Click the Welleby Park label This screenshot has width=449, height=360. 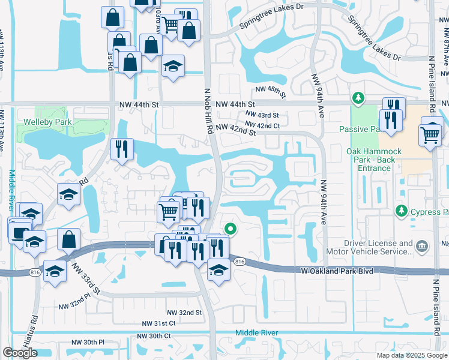point(47,122)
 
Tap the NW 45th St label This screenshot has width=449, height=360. point(268,91)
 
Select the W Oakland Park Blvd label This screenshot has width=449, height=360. point(337,271)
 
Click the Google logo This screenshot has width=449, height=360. point(20,353)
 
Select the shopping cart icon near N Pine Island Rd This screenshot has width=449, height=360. point(430,135)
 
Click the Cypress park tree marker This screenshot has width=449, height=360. point(401,211)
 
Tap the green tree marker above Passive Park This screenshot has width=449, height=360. point(358,97)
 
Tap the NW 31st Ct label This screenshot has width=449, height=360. point(158,323)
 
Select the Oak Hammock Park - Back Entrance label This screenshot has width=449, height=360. point(371,160)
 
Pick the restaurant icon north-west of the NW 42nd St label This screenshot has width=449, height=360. point(122,149)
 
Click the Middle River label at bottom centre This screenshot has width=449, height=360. point(255,332)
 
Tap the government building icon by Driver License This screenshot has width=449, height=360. point(422,245)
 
